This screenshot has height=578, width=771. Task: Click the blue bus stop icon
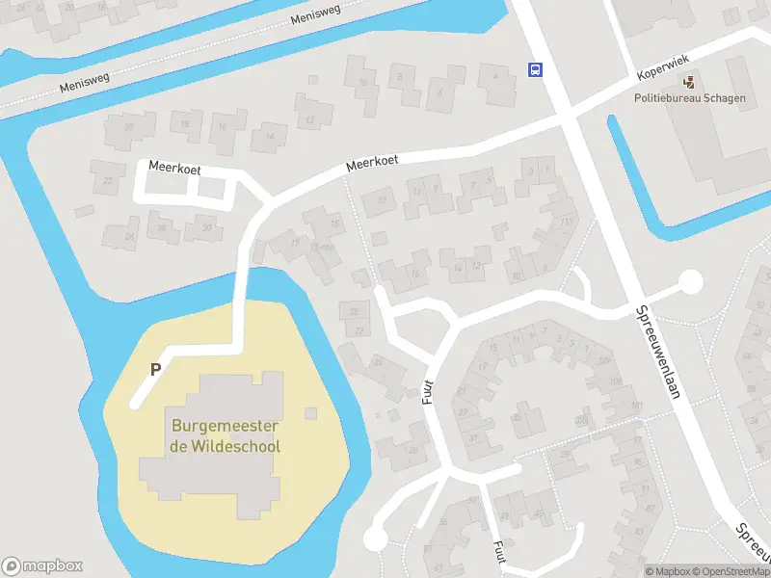(534, 68)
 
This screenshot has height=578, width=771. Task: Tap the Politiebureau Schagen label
(689, 98)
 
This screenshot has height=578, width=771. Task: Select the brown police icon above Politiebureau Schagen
(689, 83)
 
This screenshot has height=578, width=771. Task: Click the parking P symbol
(154, 368)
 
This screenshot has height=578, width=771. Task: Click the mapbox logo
(42, 566)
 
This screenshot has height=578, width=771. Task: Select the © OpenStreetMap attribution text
(731, 571)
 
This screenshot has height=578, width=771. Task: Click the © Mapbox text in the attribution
(668, 571)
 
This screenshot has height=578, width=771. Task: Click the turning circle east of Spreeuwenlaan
(690, 282)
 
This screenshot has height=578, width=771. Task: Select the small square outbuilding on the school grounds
(310, 413)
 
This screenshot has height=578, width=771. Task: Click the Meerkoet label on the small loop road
(174, 168)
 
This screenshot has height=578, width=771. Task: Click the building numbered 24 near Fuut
(378, 363)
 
